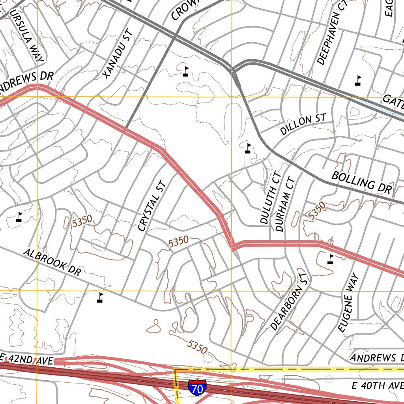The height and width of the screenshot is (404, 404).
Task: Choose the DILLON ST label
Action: pos(303,125)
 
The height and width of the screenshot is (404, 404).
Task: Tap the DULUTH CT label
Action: pos(271,198)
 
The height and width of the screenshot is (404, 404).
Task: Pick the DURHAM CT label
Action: pos(285,204)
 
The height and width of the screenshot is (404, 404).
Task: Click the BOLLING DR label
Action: pos(362,182)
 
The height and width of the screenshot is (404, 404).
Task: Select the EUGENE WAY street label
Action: pos(350,302)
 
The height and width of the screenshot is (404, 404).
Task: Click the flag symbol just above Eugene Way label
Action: pos(331,259)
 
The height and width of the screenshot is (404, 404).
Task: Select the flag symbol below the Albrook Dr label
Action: pos(100,297)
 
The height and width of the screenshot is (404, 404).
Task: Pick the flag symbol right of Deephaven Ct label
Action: pos(358,80)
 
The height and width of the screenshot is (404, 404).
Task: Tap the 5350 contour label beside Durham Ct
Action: pos(317,211)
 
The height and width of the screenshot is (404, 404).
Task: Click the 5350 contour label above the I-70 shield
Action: pos(197,347)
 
